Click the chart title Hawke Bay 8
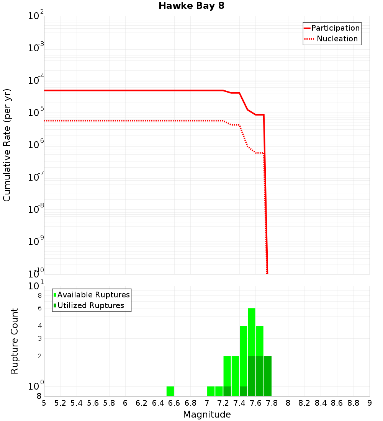pos(191,6)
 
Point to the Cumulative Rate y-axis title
pos(7,145)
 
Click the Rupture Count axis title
pos(15,341)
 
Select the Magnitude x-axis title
pos(207,414)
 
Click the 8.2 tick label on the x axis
pos(304,403)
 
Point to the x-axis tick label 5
pos(44,403)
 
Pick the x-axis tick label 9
pos(370,403)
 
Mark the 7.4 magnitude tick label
pos(239,403)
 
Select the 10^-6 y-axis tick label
pos(36,145)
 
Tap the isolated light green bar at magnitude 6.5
pos(170,391)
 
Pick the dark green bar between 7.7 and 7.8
pos(268,376)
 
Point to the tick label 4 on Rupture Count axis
pos(39,326)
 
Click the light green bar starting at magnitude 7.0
pos(211,391)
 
